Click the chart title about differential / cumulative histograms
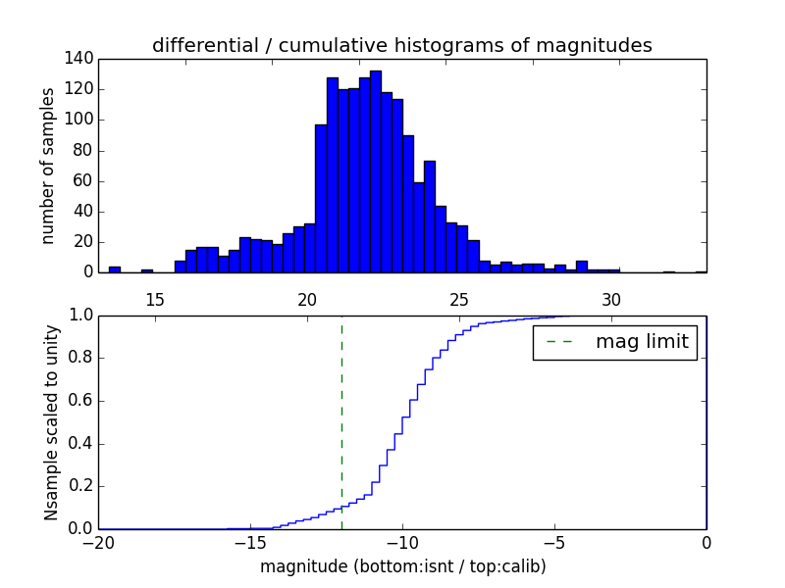coord(401,46)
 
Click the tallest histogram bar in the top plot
coord(375,171)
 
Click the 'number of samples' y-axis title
coord(48,165)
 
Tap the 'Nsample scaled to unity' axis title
coord(51,421)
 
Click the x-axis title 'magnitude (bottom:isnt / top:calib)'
coord(402,566)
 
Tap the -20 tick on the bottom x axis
coord(97,543)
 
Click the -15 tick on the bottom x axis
coord(250,543)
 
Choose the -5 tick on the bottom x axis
coord(554,543)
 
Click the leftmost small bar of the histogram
coord(115,269)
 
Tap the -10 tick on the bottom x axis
coord(402,543)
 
